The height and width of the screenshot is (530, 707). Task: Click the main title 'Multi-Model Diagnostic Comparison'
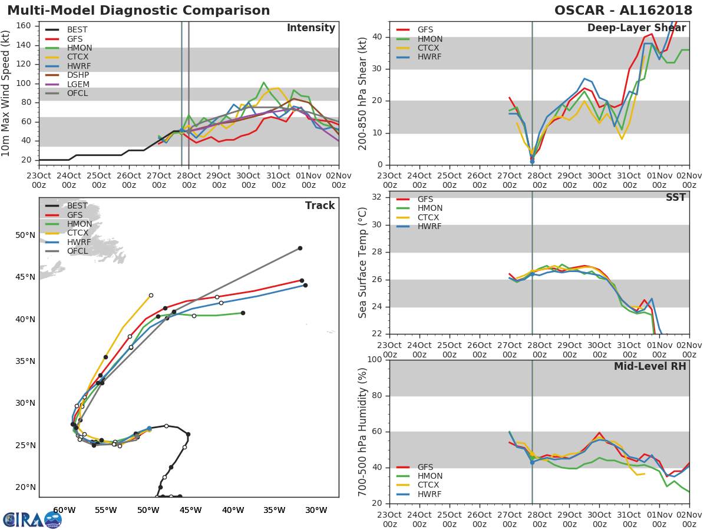tap(138, 11)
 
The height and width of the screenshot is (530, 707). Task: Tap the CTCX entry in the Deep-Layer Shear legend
tap(430, 48)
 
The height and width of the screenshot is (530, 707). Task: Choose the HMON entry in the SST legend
tap(430, 208)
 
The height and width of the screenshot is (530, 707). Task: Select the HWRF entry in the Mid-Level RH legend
tap(430, 494)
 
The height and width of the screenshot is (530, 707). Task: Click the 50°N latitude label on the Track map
tap(25, 236)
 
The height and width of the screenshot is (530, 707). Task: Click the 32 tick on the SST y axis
tap(379, 197)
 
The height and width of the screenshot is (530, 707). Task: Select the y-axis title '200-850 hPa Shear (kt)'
tap(363, 93)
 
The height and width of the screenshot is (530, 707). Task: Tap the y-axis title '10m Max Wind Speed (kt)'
tap(6, 93)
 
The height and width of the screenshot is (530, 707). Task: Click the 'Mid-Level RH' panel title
tap(649, 366)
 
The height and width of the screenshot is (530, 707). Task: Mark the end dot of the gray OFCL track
tap(299, 248)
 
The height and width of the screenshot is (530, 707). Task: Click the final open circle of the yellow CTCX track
tap(151, 295)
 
